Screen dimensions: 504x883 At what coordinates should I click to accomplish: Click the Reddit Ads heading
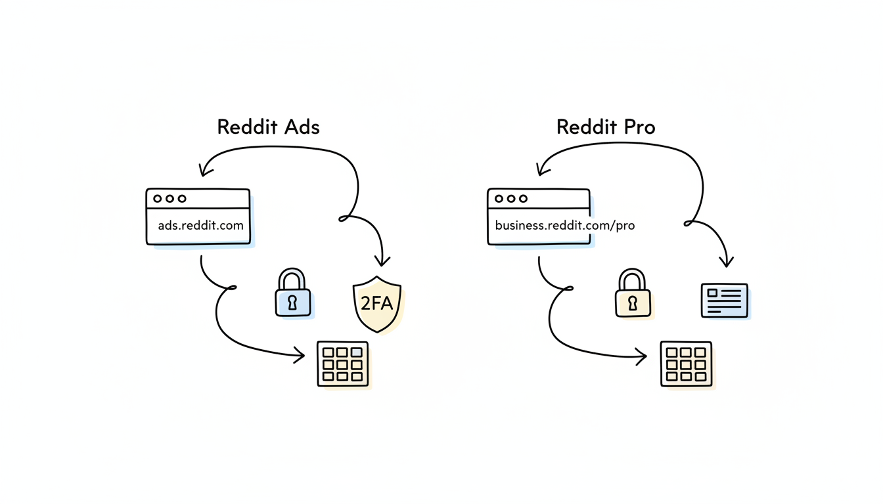(x=268, y=127)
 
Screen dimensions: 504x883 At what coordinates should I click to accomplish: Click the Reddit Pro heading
(x=605, y=127)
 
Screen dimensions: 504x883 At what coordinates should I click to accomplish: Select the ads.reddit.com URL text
(x=200, y=225)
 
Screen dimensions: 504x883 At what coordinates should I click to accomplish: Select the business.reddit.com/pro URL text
(x=564, y=225)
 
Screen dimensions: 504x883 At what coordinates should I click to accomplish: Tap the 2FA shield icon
(x=377, y=304)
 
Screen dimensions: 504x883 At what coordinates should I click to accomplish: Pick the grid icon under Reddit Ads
(x=342, y=364)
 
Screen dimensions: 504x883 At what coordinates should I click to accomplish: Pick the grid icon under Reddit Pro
(x=685, y=364)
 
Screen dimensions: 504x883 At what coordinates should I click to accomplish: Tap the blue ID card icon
(x=724, y=301)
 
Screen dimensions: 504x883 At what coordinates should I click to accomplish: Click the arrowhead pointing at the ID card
(x=726, y=262)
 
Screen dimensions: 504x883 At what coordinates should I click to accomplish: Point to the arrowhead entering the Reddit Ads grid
(x=300, y=356)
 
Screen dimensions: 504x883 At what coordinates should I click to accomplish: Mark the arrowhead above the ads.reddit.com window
(x=204, y=171)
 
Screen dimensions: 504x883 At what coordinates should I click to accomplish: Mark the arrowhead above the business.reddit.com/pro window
(x=542, y=171)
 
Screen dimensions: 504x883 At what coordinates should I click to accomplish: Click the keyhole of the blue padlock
(x=292, y=303)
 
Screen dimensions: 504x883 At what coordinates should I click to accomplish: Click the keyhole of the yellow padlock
(x=633, y=303)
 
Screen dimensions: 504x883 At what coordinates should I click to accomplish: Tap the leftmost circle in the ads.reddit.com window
(x=157, y=198)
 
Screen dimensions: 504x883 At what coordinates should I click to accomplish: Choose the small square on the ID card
(x=712, y=293)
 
